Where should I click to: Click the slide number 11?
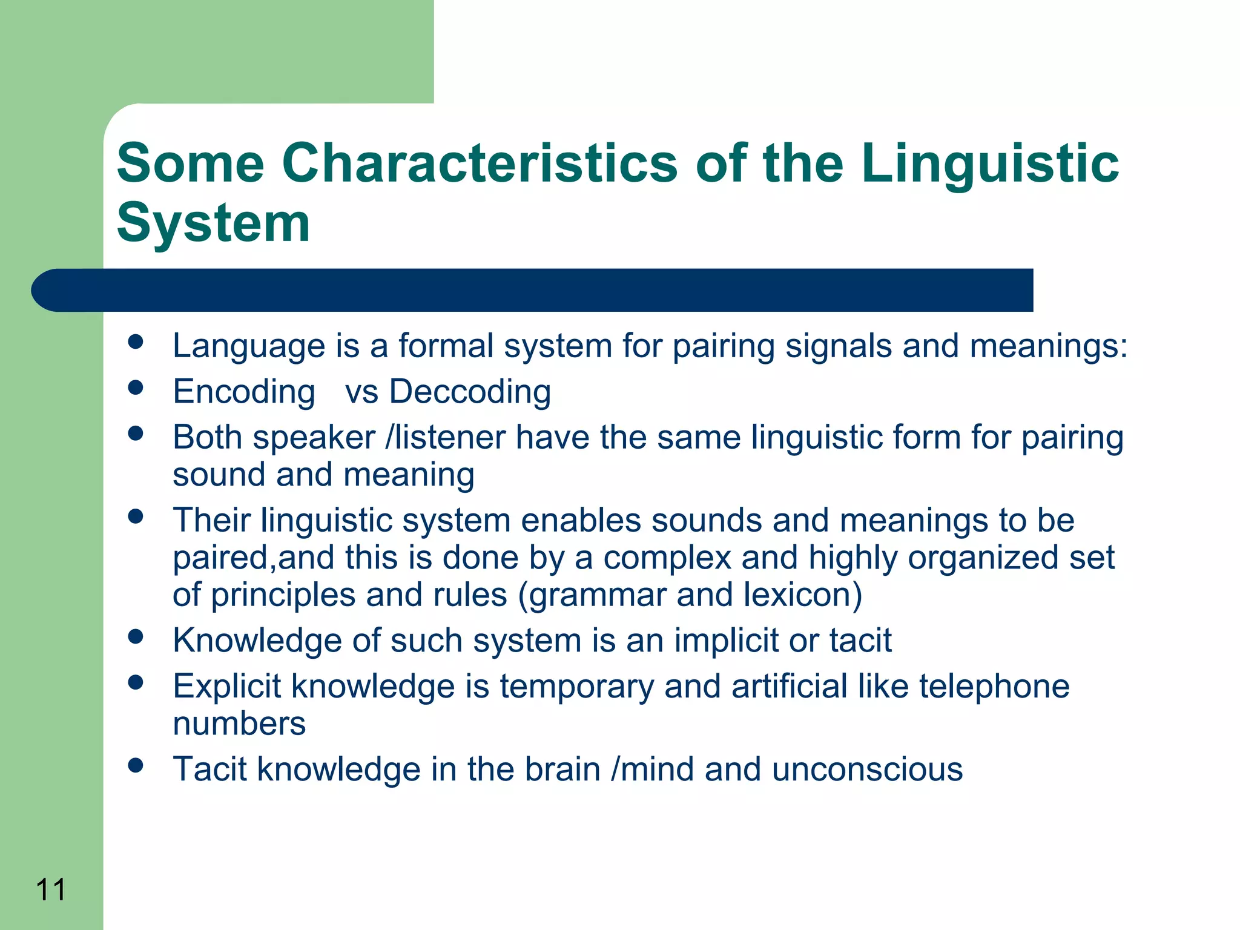coord(51,890)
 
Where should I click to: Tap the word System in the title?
coord(213,223)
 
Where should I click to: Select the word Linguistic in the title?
coord(990,165)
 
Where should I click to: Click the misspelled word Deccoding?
coord(470,392)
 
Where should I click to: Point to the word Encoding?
coord(244,392)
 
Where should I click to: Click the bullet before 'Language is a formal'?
coord(136,341)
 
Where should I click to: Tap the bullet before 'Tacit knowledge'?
coord(136,765)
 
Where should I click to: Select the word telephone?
coord(994,687)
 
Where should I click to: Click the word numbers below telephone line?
coord(239,724)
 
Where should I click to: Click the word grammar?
coord(598,596)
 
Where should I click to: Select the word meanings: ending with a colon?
coord(1048,346)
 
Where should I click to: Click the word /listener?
coord(445,437)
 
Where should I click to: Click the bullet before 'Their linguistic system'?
coord(136,516)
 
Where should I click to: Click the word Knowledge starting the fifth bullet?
coord(258,641)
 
